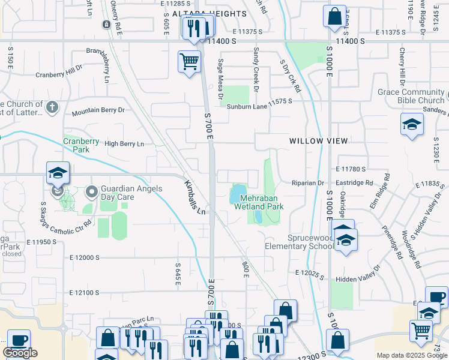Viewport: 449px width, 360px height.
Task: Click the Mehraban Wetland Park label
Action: (x=262, y=202)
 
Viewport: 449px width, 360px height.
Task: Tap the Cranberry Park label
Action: (x=81, y=145)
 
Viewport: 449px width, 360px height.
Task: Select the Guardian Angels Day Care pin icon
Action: (x=92, y=193)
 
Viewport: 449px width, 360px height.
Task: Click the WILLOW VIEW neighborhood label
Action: (x=318, y=141)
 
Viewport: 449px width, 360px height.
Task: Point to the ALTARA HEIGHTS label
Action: (x=201, y=13)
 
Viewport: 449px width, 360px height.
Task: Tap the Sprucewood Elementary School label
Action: (x=298, y=242)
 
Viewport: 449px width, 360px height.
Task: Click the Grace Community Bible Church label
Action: (x=411, y=96)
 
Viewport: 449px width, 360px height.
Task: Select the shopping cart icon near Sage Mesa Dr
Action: (x=189, y=61)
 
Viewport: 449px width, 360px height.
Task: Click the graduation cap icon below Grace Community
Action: (x=412, y=124)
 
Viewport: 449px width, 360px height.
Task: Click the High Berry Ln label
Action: (x=124, y=144)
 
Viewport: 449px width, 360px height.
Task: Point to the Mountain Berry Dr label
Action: (x=98, y=110)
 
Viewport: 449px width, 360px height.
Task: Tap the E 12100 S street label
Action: (x=84, y=293)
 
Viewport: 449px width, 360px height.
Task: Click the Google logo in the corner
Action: (x=20, y=353)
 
